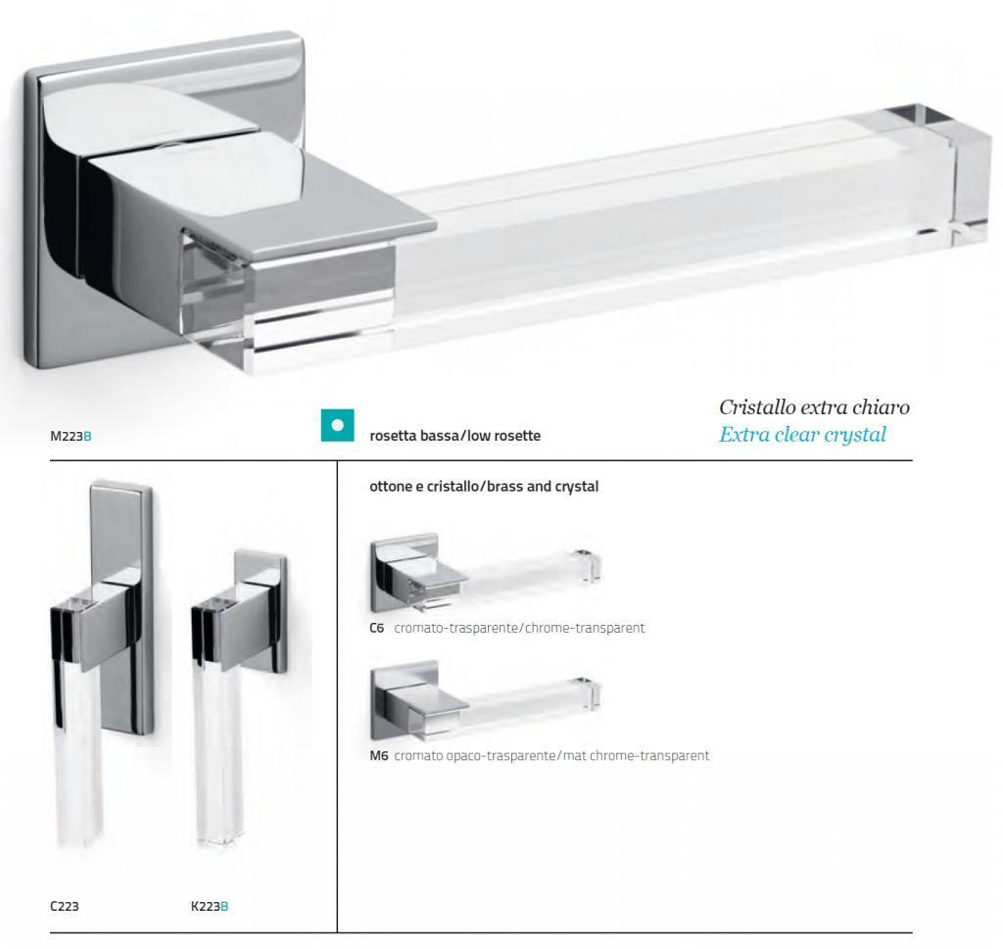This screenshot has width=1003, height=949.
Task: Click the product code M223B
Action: coord(71,436)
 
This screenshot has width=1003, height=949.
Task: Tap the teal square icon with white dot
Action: coord(338,425)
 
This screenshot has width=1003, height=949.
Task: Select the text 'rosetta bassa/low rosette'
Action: coord(454,436)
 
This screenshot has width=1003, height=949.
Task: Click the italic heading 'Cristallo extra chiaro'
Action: coord(814,406)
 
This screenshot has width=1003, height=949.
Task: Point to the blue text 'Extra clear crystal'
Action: coord(803,435)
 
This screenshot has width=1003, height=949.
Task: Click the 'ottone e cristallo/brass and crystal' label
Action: coord(484,486)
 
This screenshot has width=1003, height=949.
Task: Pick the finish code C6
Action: coord(377,628)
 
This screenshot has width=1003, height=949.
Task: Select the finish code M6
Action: coord(379,756)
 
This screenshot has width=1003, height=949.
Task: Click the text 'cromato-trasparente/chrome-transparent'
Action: coord(519,628)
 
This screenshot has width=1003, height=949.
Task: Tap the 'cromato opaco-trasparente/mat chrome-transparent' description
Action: coord(551,756)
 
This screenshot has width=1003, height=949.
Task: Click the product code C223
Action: coord(64,906)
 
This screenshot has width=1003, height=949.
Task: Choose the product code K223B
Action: coord(210,906)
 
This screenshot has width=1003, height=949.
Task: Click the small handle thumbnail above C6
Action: coord(486,571)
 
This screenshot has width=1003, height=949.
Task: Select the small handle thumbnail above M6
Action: coord(486,699)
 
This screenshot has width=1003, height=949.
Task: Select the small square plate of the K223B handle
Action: coord(261,614)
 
